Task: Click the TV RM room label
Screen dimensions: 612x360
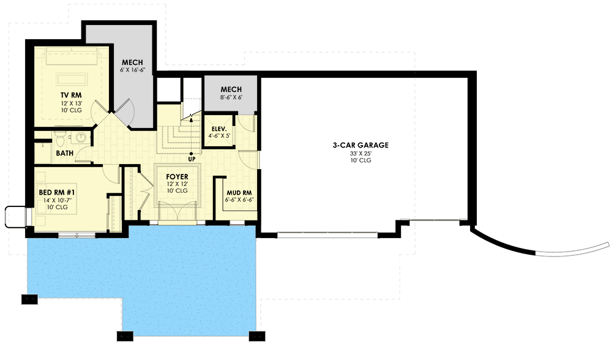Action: click(71, 96)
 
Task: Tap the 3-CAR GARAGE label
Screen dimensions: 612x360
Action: click(360, 145)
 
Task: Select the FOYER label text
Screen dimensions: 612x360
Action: click(177, 177)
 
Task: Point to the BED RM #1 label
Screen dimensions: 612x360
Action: click(57, 192)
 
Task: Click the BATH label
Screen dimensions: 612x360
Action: click(65, 153)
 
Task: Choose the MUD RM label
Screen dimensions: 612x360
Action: click(239, 193)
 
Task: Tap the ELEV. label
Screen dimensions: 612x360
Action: click(219, 129)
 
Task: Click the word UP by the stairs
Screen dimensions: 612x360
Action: click(192, 159)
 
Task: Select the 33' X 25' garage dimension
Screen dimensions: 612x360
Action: click(360, 154)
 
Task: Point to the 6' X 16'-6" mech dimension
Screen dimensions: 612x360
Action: click(132, 70)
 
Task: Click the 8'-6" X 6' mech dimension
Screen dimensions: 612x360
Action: click(231, 97)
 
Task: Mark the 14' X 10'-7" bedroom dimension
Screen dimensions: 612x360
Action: click(58, 200)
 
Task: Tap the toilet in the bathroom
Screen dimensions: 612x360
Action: click(60, 138)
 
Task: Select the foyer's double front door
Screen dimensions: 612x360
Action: click(177, 213)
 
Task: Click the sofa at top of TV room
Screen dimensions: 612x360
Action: click(72, 56)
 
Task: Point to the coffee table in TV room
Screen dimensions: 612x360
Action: click(72, 79)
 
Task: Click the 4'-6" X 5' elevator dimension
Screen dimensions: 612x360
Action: click(219, 137)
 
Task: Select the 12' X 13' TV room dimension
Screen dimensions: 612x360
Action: click(71, 103)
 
